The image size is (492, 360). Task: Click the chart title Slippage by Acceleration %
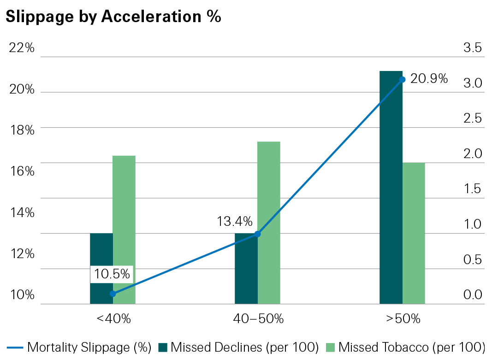pyautogui.click(x=113, y=17)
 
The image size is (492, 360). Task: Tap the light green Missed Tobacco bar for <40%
pyautogui.click(x=124, y=230)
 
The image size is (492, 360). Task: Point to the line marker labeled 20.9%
pyautogui.click(x=402, y=79)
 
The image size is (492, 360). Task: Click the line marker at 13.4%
pyautogui.click(x=258, y=234)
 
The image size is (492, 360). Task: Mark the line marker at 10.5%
pyautogui.click(x=113, y=294)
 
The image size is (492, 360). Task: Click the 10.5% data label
pyautogui.click(x=112, y=274)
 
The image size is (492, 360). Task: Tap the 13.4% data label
pyautogui.click(x=235, y=222)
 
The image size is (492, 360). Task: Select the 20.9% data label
pyautogui.click(x=429, y=79)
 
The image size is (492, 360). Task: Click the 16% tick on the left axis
pyautogui.click(x=22, y=171)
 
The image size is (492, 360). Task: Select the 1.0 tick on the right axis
pyautogui.click(x=472, y=224)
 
